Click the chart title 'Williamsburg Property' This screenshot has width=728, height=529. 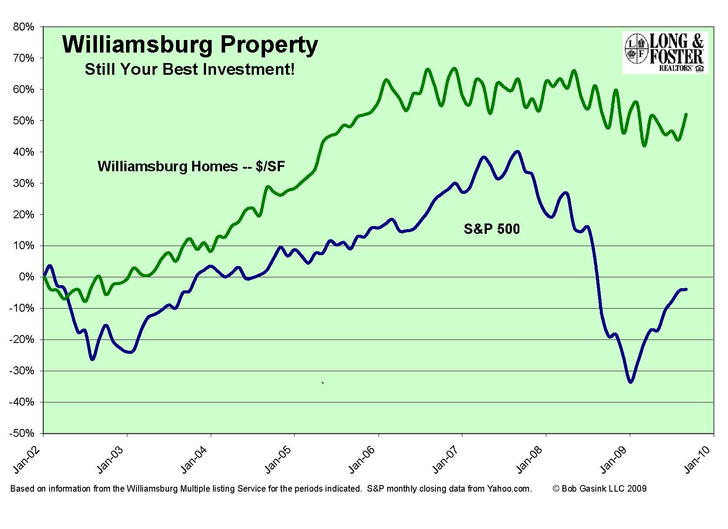point(190,45)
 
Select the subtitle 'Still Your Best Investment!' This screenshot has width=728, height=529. point(189,69)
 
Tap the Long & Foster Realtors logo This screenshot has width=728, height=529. point(665,53)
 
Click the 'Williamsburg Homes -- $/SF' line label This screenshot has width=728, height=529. point(191,166)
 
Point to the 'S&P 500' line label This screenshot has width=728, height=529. point(492,229)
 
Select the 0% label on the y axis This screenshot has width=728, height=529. point(26,277)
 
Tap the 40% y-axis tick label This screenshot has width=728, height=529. point(23,152)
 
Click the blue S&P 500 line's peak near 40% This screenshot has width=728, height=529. point(517,152)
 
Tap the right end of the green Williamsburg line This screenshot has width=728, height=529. point(686,114)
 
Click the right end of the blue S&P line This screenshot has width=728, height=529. point(686,289)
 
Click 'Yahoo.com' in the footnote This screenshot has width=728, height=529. point(509,489)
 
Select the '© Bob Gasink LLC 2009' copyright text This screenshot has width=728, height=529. point(599,489)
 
